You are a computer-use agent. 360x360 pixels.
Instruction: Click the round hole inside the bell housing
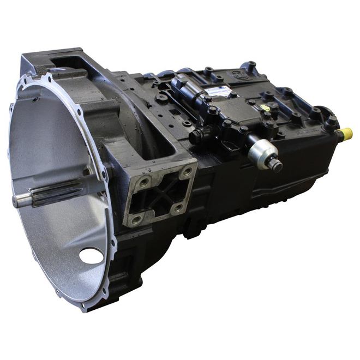point(91,255)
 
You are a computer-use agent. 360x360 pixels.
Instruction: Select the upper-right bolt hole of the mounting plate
point(187,171)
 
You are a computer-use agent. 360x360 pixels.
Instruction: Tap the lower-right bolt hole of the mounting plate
point(178,207)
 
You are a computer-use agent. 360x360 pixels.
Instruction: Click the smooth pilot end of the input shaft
point(22,201)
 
